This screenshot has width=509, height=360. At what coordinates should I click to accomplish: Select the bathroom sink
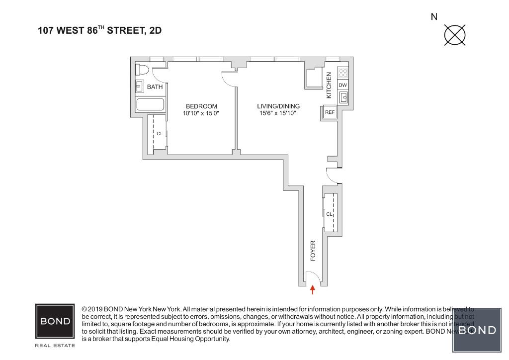[x=140, y=87]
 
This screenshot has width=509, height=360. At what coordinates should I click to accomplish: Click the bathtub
[x=150, y=105]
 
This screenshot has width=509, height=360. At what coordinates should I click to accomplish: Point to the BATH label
[x=155, y=87]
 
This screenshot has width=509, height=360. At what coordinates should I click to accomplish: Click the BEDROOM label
[x=201, y=106]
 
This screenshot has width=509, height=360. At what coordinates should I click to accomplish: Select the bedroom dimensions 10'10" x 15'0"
[x=201, y=113]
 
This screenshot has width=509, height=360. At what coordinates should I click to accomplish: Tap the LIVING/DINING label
[x=278, y=106]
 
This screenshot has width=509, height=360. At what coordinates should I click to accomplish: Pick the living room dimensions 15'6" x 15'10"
[x=278, y=113]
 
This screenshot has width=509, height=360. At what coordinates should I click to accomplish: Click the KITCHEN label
[x=329, y=85]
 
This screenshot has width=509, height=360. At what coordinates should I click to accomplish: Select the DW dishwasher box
[x=342, y=85]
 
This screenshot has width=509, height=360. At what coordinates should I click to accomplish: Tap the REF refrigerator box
[x=330, y=112]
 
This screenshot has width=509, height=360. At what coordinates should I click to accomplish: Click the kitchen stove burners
[x=342, y=73]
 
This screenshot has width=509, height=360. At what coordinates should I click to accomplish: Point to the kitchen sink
[x=343, y=97]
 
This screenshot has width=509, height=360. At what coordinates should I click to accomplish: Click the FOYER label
[x=313, y=251]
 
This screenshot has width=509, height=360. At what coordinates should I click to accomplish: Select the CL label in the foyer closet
[x=329, y=214]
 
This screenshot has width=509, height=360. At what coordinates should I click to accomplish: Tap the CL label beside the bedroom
[x=160, y=134]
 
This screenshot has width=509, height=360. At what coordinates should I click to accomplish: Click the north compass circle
[x=455, y=35]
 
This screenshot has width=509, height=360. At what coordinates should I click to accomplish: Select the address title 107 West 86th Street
[x=99, y=30]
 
